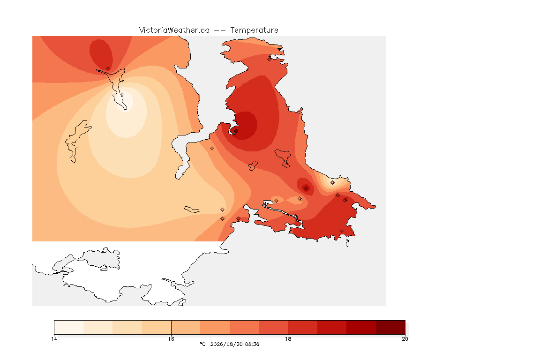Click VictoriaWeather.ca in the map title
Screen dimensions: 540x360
click(x=174, y=30)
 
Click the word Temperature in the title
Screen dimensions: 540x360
click(x=254, y=30)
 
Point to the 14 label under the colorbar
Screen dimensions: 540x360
click(x=54, y=339)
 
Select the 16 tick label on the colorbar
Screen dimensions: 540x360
click(x=171, y=339)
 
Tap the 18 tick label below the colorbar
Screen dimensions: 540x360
click(x=288, y=339)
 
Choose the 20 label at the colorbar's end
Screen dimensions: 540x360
click(x=405, y=339)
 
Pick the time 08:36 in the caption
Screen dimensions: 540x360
click(x=252, y=344)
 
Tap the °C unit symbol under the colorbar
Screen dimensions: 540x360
click(x=202, y=344)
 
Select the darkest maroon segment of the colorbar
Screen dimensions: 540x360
click(x=390, y=327)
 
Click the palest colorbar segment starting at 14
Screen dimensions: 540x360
click(x=69, y=327)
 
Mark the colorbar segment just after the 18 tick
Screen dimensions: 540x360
click(x=303, y=327)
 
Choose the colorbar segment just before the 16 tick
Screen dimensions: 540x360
click(x=157, y=327)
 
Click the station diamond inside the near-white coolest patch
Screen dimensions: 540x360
click(x=122, y=94)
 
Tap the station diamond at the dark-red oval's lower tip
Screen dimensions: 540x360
click(x=108, y=69)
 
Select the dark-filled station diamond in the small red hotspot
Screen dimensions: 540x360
click(x=306, y=188)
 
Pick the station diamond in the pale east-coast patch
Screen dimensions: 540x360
click(x=332, y=183)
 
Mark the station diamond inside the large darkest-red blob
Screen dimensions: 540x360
click(x=236, y=131)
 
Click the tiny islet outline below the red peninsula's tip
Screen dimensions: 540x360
click(x=347, y=244)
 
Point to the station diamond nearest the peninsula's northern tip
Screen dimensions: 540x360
click(x=270, y=59)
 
